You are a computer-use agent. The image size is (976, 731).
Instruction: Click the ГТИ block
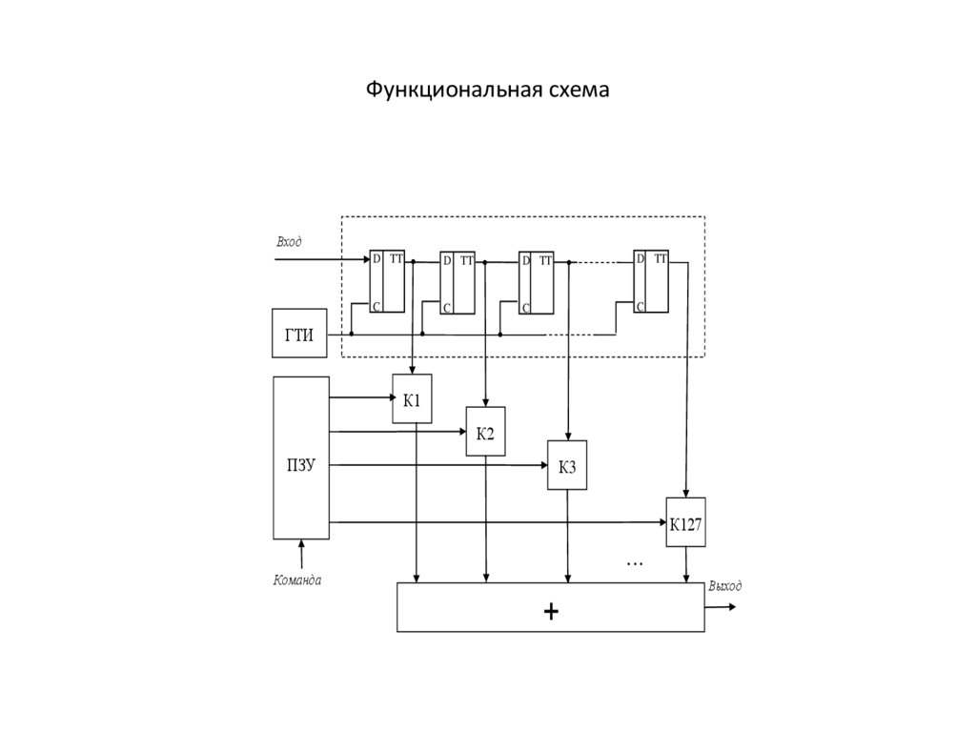pos(298,333)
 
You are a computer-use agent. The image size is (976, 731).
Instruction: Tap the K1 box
pos(412,399)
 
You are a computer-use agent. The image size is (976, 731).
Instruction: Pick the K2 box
pos(485,432)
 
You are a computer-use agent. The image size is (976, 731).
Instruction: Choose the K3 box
pos(567,465)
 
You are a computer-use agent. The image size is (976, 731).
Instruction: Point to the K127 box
pos(686,522)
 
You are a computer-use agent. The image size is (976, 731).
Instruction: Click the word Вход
pos(289,242)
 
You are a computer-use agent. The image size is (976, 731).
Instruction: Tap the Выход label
pos(724,586)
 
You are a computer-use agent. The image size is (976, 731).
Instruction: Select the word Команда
pos(296,579)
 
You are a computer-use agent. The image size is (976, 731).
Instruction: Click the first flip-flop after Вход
pos(387,281)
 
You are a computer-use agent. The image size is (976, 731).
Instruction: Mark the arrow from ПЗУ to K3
pos(438,465)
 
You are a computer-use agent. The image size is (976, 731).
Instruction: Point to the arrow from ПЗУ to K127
pos(496,522)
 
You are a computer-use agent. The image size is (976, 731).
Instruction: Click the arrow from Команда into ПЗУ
pos(301,552)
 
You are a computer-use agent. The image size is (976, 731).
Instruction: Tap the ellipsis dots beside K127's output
pos(635,563)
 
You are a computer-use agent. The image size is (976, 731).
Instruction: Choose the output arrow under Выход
pos(722,606)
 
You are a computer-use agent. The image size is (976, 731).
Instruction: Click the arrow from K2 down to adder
pos(486,519)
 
